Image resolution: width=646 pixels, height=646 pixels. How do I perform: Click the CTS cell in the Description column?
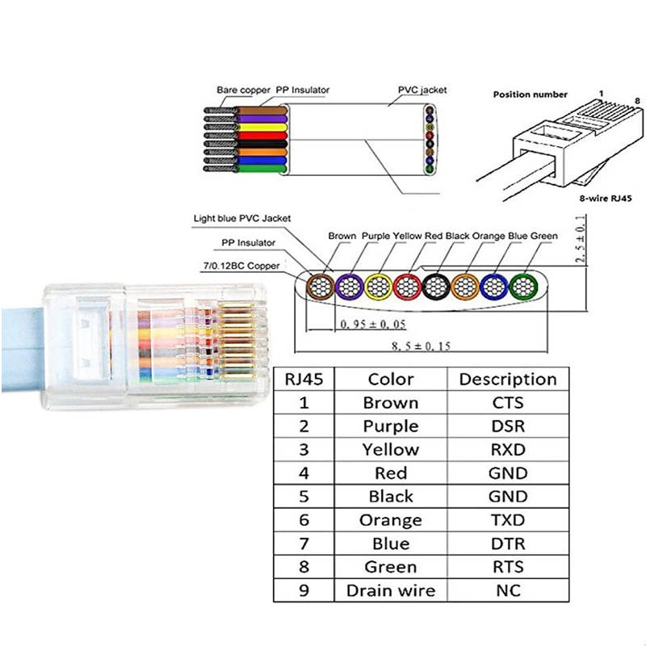click(507, 402)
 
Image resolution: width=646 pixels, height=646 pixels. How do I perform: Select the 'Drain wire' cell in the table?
click(391, 590)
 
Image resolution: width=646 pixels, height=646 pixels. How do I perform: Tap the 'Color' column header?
click(391, 379)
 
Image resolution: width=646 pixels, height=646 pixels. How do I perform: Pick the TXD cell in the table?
click(507, 520)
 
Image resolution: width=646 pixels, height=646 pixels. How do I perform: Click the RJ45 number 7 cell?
click(304, 543)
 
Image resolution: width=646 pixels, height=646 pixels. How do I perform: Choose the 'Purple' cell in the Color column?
click(391, 426)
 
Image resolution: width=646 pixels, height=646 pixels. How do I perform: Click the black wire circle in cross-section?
click(437, 286)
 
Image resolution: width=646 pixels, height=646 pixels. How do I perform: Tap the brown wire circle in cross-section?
click(321, 286)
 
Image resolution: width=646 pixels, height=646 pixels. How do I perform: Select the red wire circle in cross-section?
click(408, 286)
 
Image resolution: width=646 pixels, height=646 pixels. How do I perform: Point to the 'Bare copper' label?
click(243, 90)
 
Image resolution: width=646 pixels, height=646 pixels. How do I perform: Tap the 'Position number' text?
click(530, 94)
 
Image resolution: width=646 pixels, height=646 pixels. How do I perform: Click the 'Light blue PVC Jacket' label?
click(241, 218)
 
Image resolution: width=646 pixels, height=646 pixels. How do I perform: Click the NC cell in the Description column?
click(507, 590)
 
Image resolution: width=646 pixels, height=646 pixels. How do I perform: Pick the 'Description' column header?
click(507, 379)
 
